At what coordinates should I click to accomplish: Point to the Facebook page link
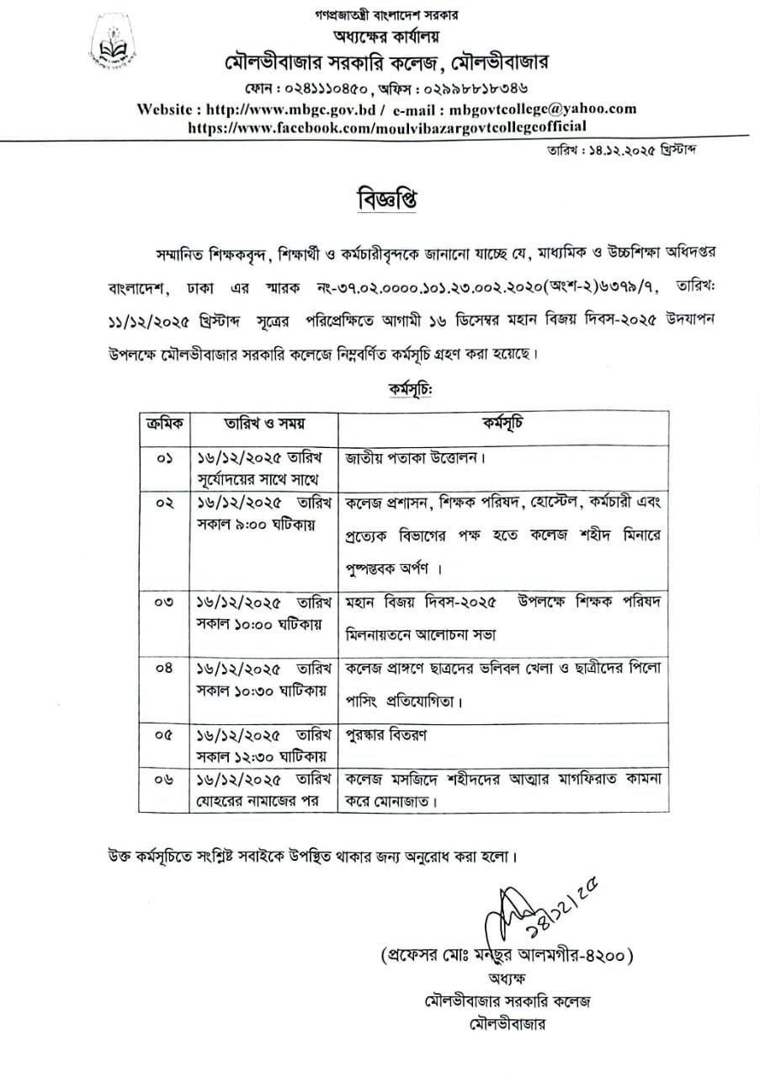point(387,127)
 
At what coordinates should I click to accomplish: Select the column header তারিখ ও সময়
point(263,422)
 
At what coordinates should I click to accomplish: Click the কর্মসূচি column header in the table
point(502,422)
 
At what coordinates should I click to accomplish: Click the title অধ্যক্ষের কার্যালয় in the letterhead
point(387,36)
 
